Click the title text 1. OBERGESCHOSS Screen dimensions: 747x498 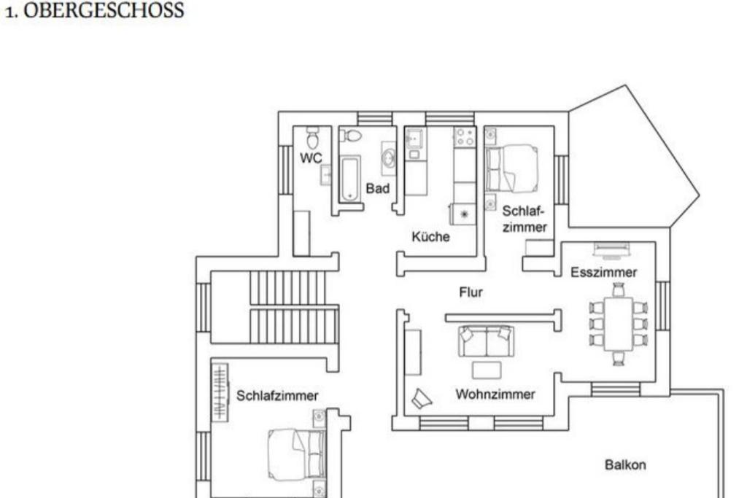click(x=94, y=10)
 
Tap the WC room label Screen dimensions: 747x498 click(x=311, y=158)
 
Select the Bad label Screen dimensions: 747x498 click(x=377, y=189)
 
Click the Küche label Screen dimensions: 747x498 click(x=430, y=237)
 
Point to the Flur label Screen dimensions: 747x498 click(x=471, y=292)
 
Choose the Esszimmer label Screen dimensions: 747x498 click(x=603, y=272)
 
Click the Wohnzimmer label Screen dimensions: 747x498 click(x=495, y=394)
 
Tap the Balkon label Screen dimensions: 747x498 click(x=625, y=464)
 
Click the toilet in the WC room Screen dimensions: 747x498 click(x=312, y=137)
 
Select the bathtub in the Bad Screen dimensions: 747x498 click(x=350, y=178)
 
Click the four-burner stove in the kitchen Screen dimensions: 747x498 click(x=465, y=137)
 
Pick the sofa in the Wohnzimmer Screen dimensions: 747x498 click(x=486, y=341)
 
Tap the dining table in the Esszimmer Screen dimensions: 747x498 click(x=619, y=323)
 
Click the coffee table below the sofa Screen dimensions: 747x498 click(x=487, y=370)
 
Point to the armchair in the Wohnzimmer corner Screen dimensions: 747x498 click(x=421, y=399)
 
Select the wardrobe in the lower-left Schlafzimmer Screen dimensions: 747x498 click(x=220, y=392)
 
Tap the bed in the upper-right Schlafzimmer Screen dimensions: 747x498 click(x=511, y=168)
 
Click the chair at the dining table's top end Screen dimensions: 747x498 click(x=619, y=289)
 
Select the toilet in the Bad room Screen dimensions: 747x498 click(x=351, y=136)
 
